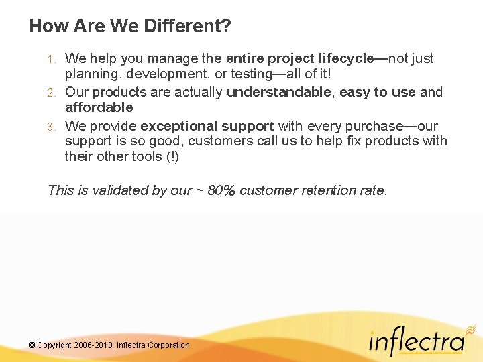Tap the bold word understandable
click(x=278, y=92)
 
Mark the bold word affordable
click(x=99, y=107)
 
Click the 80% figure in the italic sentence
click(x=221, y=190)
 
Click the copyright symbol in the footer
click(x=32, y=345)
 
